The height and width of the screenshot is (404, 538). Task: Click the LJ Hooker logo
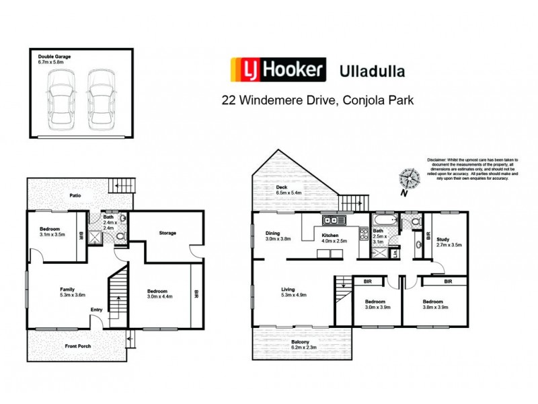(278, 70)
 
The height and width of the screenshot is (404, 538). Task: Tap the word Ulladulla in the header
(374, 70)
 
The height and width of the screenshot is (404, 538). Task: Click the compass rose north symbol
(408, 178)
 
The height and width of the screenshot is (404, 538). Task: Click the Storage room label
(167, 233)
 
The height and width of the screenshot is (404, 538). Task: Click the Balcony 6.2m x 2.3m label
(301, 346)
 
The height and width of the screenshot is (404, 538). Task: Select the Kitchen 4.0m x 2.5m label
(334, 237)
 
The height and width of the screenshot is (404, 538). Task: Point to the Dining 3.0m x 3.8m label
(277, 237)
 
